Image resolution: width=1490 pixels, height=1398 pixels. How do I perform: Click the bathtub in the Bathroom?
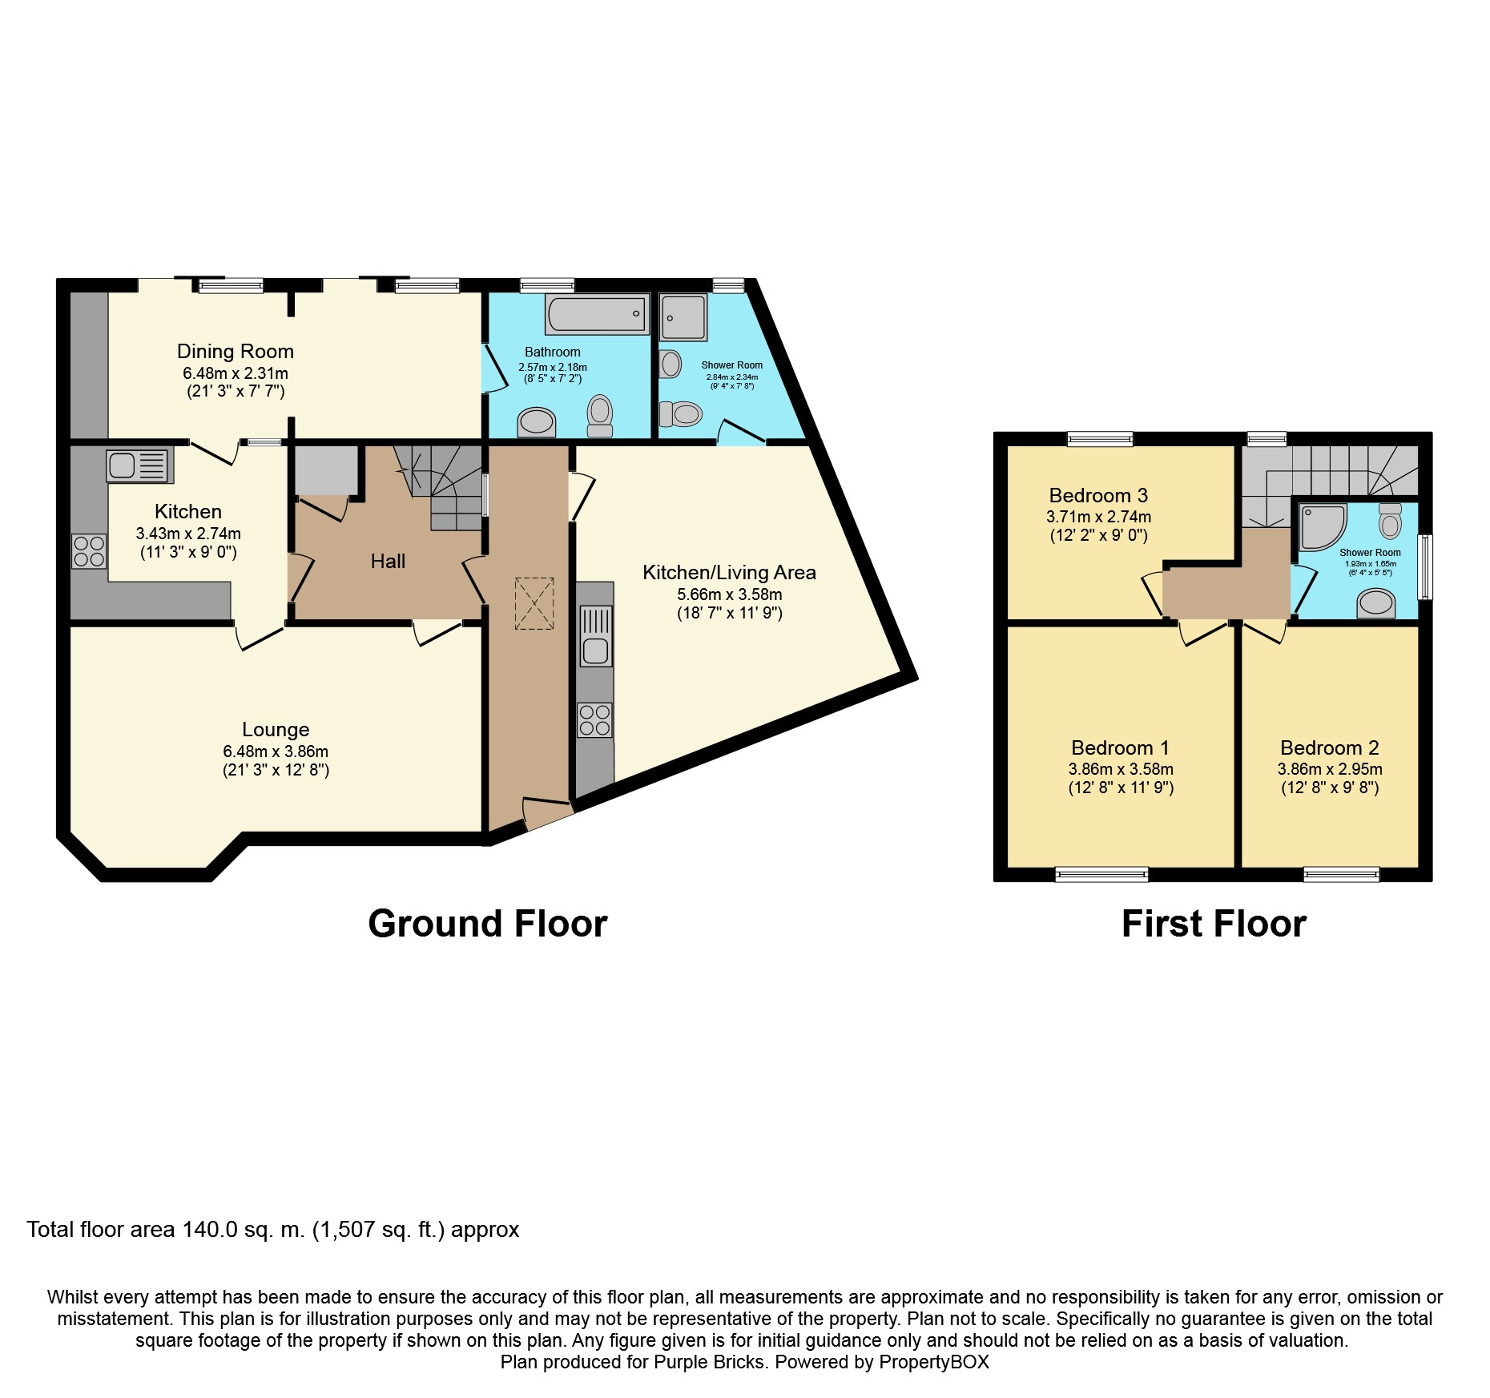coord(597,313)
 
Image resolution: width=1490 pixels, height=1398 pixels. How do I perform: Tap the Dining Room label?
coord(236,352)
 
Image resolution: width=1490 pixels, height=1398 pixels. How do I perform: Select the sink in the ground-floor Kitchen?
coord(139,465)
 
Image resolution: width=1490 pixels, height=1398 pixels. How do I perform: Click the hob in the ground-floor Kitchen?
coord(89,551)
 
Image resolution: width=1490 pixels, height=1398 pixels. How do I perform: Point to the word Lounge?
coord(276,730)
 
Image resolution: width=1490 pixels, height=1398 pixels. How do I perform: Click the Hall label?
coord(388,562)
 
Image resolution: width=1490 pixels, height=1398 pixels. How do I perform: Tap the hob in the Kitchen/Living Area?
coord(595,719)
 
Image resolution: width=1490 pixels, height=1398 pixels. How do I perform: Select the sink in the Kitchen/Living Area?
coord(595,636)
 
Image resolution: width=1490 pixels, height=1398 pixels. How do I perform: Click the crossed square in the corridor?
coord(534,603)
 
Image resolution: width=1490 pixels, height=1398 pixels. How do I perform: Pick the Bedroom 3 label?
coord(1098,496)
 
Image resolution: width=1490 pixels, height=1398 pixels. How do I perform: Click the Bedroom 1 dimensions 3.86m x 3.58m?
coord(1121,769)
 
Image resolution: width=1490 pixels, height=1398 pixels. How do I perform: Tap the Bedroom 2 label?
coord(1330,748)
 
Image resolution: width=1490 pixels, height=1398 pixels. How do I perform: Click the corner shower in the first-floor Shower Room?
coord(1323,527)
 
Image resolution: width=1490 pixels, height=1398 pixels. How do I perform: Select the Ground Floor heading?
coord(488,924)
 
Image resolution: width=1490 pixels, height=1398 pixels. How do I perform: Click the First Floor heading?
coord(1214,924)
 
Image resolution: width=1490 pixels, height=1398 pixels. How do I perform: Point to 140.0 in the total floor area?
coord(210,1230)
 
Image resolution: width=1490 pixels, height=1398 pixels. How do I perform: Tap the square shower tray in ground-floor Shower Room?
coord(683,318)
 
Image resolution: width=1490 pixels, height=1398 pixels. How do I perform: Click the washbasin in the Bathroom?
coord(537,422)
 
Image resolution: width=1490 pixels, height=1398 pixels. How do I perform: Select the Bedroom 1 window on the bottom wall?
coord(1101,875)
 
